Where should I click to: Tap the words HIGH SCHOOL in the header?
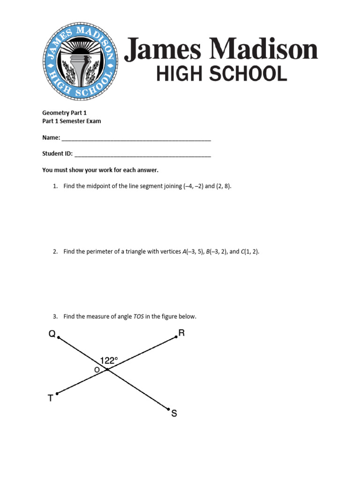click(x=221, y=74)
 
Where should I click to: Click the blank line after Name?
click(x=136, y=139)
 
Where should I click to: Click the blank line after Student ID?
click(x=142, y=154)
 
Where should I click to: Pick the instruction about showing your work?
click(x=104, y=170)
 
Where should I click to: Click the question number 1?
click(x=55, y=186)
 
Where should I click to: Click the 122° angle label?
click(x=109, y=360)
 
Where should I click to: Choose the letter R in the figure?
click(x=182, y=333)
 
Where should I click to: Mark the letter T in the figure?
click(x=51, y=398)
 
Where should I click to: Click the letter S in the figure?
click(x=174, y=414)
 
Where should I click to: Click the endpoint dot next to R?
click(x=176, y=337)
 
